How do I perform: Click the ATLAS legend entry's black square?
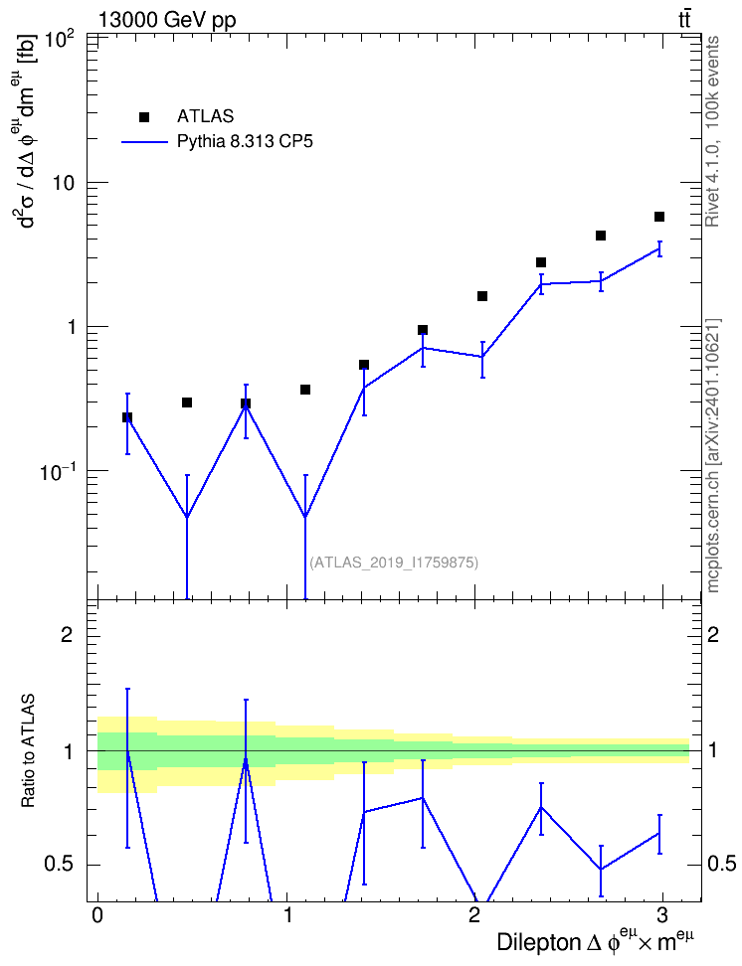point(144,117)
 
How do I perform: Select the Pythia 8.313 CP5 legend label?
point(245,142)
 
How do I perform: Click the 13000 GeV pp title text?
point(167,20)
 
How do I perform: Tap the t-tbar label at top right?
point(684,20)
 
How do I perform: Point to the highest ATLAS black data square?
point(659,217)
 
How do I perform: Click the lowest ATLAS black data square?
point(127,417)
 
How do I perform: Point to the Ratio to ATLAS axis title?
point(28,751)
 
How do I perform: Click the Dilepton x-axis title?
point(595,940)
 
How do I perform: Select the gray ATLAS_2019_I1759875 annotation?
point(394,562)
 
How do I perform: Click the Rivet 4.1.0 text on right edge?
point(712,131)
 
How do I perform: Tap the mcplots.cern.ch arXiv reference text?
point(712,455)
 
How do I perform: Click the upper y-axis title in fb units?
point(29,130)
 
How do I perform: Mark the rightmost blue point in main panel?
point(659,248)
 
